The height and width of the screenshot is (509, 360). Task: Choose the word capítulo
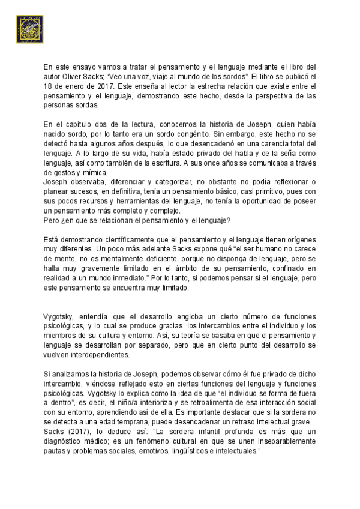click(79, 124)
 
